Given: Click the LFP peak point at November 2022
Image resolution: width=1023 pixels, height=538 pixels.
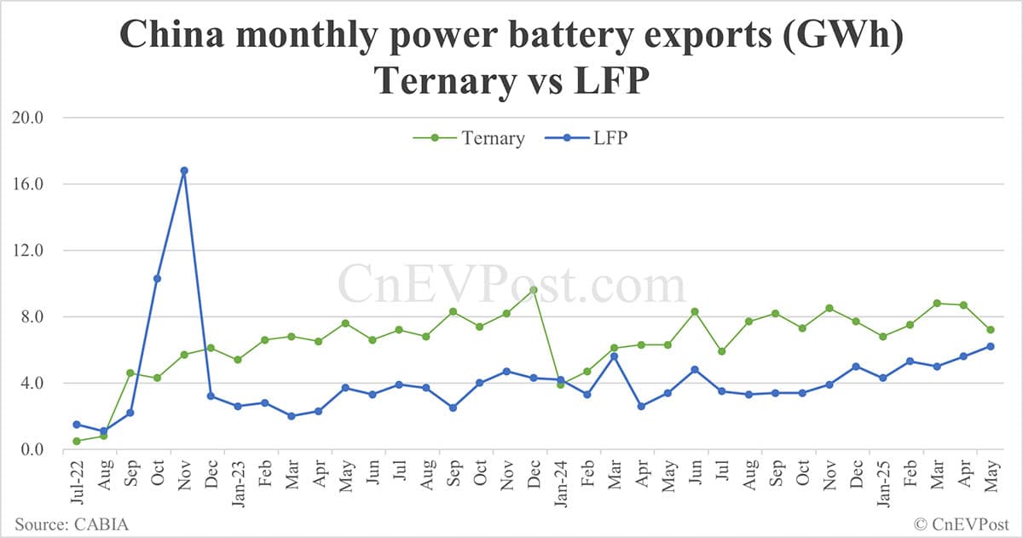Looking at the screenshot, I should pos(184,171).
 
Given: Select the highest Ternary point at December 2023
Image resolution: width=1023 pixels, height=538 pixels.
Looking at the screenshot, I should pos(534,290).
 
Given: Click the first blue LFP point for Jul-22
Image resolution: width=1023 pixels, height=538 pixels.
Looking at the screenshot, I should pos(77,425).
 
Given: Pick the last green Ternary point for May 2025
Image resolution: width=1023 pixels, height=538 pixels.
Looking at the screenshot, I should pos(991,330).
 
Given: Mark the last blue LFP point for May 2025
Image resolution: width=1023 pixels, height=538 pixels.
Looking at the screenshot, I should pos(991,346).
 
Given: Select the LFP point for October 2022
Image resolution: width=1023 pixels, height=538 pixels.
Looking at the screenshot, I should pos(157,279).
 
